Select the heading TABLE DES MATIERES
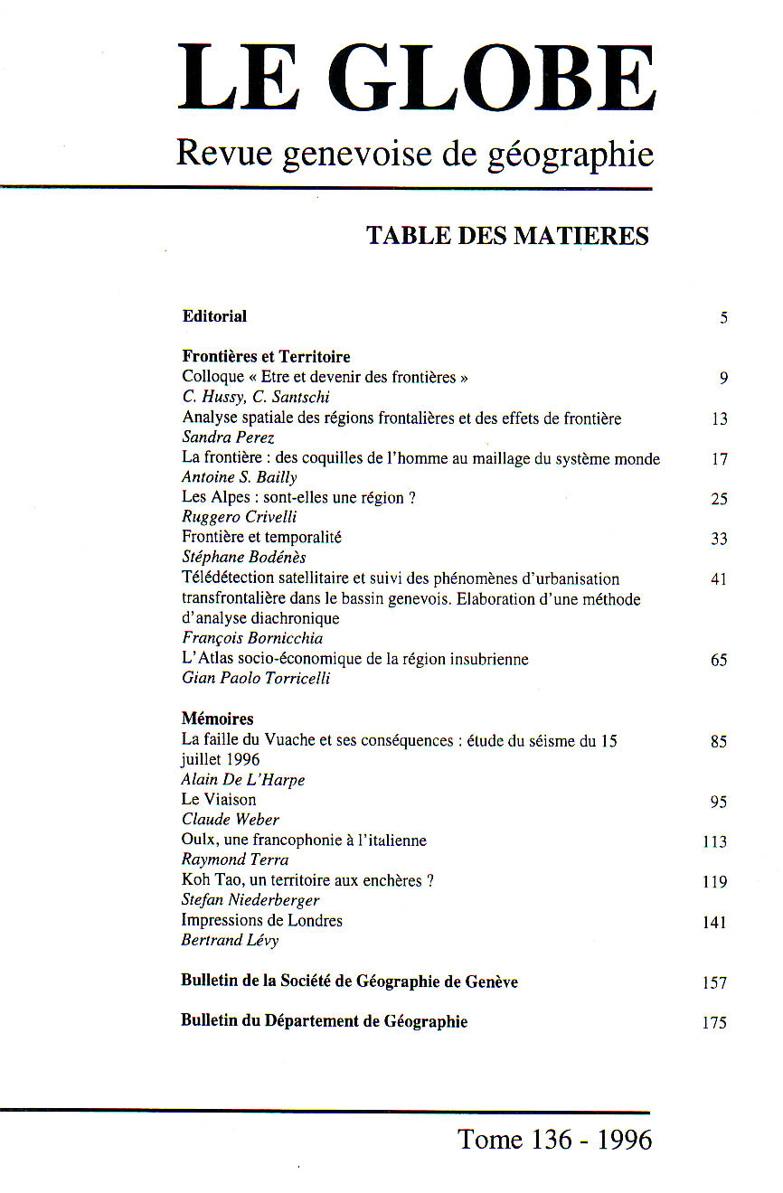pos(507,236)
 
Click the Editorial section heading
pos(214,316)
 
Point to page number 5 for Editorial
pos(723,318)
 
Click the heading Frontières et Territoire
pos(266,357)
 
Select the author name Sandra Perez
pos(228,437)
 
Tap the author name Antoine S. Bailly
pos(239,477)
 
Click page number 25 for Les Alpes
pos(719,499)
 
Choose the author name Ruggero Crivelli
pos(239,517)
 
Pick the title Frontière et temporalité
pos(261,538)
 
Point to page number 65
pos(719,661)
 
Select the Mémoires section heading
pos(217,719)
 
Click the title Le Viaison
pos(219,800)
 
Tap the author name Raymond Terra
pos(235,860)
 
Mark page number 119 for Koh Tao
pos(714,882)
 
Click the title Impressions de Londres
pos(262,921)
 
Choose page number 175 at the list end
pos(714,1023)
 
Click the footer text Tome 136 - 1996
pos(555,1140)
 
